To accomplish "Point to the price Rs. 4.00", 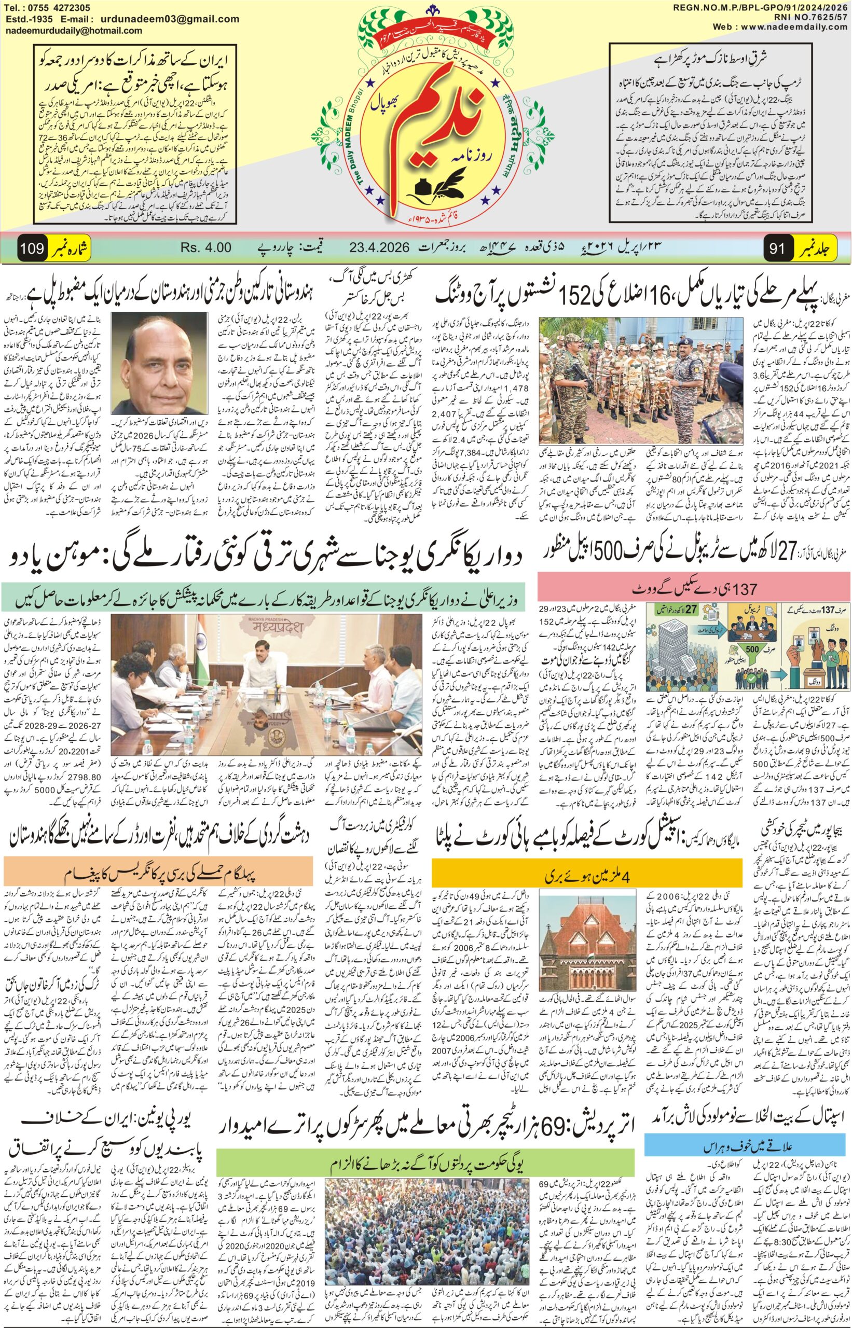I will coord(205,248).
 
